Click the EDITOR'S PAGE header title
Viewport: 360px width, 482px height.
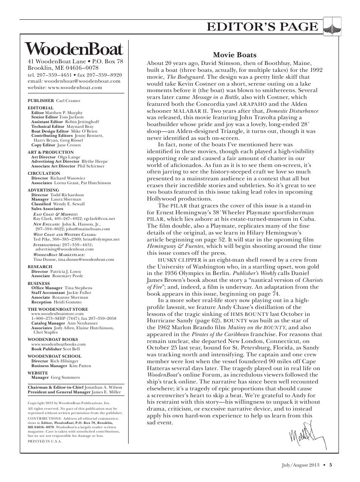tap(262, 27)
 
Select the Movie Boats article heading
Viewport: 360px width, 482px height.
tap(235, 55)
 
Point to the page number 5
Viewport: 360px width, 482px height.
tap(331, 464)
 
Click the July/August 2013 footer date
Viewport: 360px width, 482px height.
tap(297, 464)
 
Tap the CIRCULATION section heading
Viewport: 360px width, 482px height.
tap(44, 173)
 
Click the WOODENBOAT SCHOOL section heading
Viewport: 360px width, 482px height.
tap(54, 356)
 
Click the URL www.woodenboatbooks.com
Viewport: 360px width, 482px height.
tap(58, 344)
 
